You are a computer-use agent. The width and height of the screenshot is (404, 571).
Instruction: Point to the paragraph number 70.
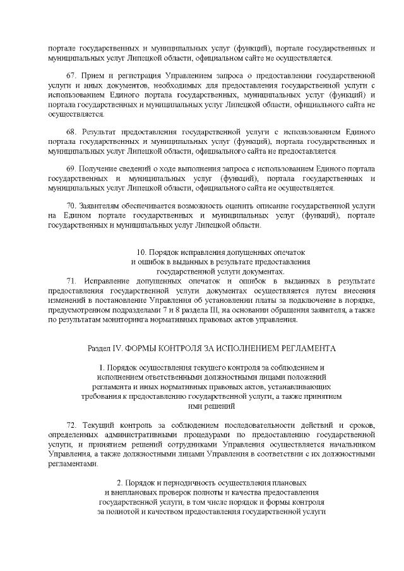pyautogui.click(x=70, y=207)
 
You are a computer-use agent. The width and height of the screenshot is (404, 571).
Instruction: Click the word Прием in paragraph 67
pyautogui.click(x=90, y=75)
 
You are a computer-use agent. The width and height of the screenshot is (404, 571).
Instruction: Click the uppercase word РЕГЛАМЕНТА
pyautogui.click(x=306, y=348)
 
